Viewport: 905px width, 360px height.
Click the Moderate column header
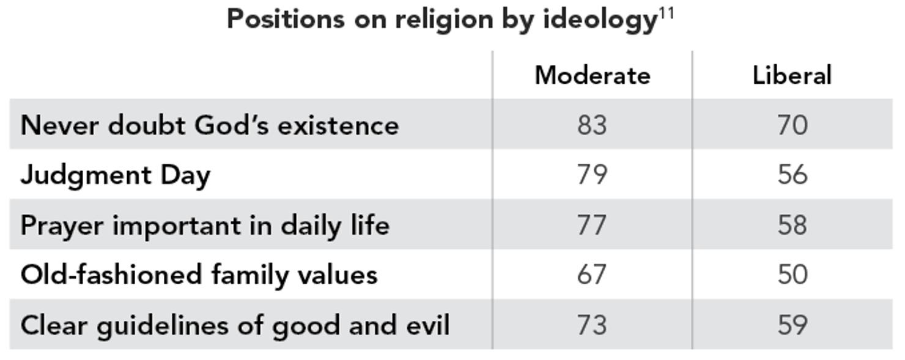tap(592, 76)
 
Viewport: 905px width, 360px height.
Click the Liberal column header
tap(792, 76)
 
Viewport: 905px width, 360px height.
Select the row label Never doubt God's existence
tap(210, 125)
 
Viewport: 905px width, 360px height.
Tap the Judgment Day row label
tap(116, 176)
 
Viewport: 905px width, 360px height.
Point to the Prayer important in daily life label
tap(205, 226)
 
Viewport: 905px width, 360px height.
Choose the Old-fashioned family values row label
tap(199, 275)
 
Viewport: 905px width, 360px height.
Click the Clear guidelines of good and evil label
tap(235, 325)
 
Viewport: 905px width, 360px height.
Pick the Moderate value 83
tap(592, 125)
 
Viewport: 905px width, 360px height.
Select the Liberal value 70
tap(792, 125)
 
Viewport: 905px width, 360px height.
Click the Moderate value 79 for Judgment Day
tap(592, 175)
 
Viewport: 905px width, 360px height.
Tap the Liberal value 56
tap(792, 175)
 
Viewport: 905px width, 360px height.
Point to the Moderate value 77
tap(592, 226)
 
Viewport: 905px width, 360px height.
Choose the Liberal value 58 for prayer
tap(792, 226)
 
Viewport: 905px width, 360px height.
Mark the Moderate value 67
tap(592, 275)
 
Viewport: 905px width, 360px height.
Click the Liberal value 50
tap(792, 275)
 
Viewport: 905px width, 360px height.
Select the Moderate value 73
tap(592, 325)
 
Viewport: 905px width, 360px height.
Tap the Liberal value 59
tap(792, 325)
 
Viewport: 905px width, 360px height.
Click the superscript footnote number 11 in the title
tap(667, 13)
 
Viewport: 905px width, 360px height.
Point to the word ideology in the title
tap(599, 21)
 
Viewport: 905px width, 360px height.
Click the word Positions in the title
tap(286, 20)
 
